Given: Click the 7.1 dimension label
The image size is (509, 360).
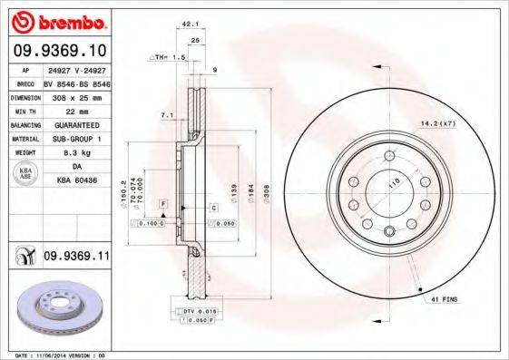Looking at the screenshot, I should tap(167, 116).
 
